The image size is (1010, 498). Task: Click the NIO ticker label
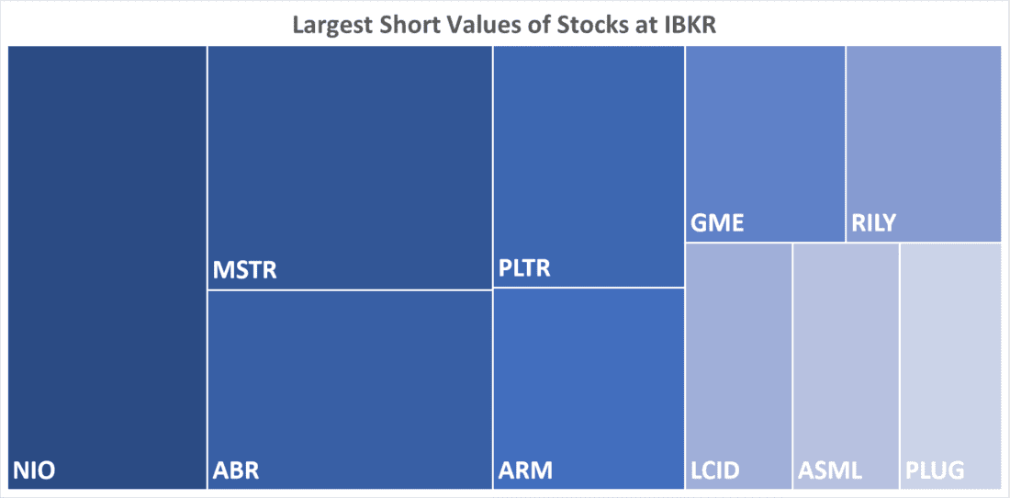(34, 471)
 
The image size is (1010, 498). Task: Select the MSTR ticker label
(244, 270)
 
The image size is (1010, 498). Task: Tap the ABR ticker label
(236, 471)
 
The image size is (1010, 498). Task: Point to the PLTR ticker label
(524, 269)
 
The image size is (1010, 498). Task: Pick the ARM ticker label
(525, 471)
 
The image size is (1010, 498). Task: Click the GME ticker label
(717, 222)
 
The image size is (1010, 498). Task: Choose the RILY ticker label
(873, 222)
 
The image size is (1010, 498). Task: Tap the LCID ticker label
(715, 471)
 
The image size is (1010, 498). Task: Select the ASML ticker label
(830, 471)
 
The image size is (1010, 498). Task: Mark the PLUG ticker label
(935, 471)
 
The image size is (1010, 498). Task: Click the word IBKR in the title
(684, 25)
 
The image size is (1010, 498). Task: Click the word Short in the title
(410, 25)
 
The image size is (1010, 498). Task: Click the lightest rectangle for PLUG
(950, 358)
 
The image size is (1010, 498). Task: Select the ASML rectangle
(846, 358)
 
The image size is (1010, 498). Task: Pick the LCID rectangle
(738, 358)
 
